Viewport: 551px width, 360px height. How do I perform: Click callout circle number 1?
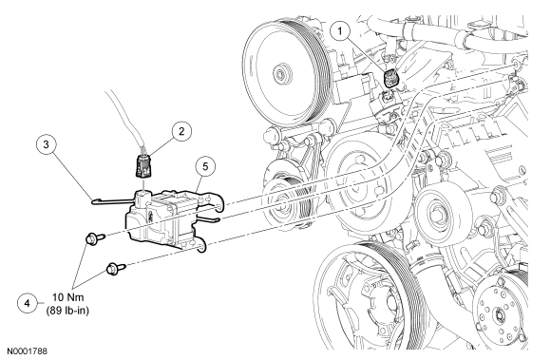(x=340, y=31)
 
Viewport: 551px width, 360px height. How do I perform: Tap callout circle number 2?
(x=181, y=131)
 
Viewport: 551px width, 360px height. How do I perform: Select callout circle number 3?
(x=47, y=144)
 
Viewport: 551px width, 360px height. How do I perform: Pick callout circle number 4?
(x=28, y=303)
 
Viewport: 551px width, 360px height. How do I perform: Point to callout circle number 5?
(x=205, y=166)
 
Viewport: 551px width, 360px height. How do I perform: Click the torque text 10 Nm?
(x=68, y=297)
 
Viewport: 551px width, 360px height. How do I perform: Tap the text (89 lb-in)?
(x=67, y=311)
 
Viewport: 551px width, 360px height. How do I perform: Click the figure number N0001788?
(x=27, y=351)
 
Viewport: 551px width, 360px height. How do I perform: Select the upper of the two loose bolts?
(x=95, y=238)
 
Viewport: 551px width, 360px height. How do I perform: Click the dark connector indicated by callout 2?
(x=143, y=165)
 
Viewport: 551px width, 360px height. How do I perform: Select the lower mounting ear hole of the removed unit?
(x=200, y=249)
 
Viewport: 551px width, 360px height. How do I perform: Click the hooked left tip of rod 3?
(x=94, y=201)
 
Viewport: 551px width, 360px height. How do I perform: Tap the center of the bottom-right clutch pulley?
(x=499, y=313)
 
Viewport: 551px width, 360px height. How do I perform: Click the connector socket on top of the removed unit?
(x=142, y=199)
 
